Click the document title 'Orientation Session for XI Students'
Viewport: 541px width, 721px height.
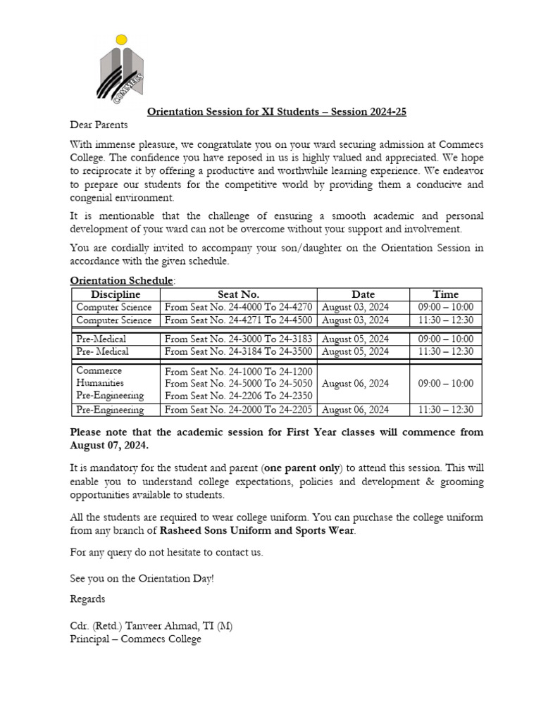coord(276,111)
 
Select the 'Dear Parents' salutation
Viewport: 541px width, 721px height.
coord(99,125)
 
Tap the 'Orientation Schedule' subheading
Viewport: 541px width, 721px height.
coord(121,280)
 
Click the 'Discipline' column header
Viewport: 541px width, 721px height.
coord(116,294)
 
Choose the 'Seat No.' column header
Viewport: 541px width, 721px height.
coord(238,294)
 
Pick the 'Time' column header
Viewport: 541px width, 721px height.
coord(445,294)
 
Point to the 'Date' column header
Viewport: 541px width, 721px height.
coord(363,294)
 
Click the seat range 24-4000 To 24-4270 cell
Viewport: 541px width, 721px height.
coord(238,308)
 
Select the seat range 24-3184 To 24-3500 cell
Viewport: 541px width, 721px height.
coord(238,351)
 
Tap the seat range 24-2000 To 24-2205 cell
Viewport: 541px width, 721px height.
coord(238,410)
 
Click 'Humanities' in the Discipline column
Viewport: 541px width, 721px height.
coord(100,383)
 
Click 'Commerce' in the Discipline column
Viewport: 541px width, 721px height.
coord(99,370)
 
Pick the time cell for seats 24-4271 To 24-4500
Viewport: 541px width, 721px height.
coord(445,320)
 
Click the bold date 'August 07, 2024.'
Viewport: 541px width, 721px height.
coord(109,446)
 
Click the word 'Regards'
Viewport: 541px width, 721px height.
coord(87,598)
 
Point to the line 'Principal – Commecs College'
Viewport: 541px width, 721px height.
coord(135,639)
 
